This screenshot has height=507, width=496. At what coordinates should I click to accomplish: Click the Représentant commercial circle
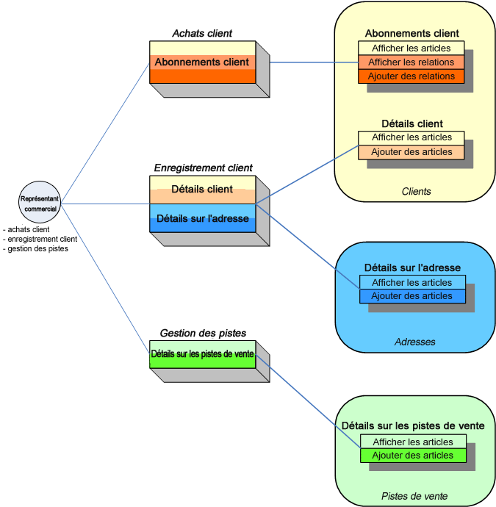39,202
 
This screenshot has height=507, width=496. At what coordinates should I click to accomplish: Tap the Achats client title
202,33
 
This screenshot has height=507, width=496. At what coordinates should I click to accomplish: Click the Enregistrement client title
203,168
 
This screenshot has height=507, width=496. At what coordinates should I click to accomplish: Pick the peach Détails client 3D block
202,190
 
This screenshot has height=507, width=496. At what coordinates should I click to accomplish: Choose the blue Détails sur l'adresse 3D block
202,218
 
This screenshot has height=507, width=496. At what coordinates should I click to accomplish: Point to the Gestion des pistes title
203,333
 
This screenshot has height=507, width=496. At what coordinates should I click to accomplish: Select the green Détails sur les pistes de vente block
202,354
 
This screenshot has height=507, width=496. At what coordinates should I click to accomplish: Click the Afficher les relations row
411,62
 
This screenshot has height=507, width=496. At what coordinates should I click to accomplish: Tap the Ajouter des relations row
411,76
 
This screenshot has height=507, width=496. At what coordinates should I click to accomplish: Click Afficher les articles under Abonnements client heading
411,48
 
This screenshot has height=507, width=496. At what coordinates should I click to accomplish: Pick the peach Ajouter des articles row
411,152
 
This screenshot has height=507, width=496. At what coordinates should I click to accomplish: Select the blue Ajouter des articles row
411,296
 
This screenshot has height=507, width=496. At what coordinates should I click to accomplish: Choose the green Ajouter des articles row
413,456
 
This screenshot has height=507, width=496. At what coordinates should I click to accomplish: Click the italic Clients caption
416,192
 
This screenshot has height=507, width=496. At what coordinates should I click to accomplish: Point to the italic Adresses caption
415,342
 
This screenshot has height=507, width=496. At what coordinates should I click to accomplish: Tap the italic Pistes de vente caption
414,497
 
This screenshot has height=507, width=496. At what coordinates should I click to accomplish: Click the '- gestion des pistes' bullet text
36,249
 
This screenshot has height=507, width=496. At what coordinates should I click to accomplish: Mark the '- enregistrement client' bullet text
40,239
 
